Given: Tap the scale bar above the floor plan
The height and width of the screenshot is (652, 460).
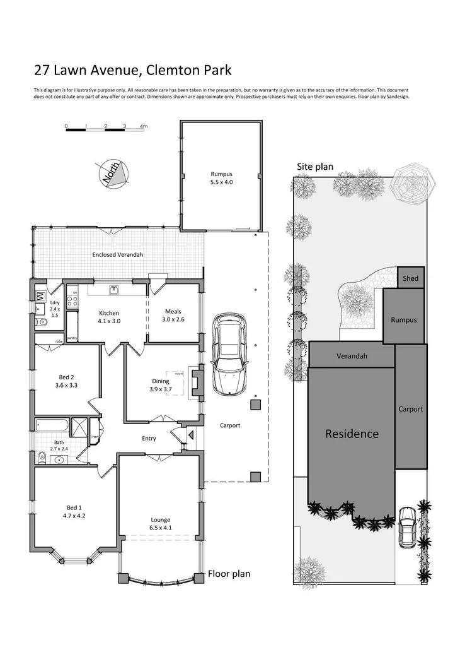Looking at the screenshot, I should point(105,129).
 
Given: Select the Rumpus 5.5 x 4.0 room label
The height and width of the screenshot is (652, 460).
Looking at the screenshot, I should point(221,177).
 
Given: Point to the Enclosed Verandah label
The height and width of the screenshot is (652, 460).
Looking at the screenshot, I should point(118,254).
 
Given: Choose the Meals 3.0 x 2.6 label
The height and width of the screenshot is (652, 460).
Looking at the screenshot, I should point(173,315).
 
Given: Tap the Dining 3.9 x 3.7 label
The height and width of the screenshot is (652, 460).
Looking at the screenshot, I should point(161,384).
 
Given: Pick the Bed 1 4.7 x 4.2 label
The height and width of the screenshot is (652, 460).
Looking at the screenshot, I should point(74,511).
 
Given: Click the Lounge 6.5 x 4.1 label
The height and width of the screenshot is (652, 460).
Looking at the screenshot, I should point(161,523).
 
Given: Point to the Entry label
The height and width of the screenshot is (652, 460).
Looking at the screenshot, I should point(149,438).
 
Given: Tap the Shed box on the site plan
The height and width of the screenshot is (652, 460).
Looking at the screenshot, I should point(411,278).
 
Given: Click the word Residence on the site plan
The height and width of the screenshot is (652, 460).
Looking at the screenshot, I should point(352,434).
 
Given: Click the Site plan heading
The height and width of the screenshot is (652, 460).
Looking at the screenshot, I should point(315,167).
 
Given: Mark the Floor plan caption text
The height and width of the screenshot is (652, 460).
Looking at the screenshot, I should point(229,574).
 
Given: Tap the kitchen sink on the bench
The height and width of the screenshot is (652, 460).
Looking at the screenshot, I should point(113,290).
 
